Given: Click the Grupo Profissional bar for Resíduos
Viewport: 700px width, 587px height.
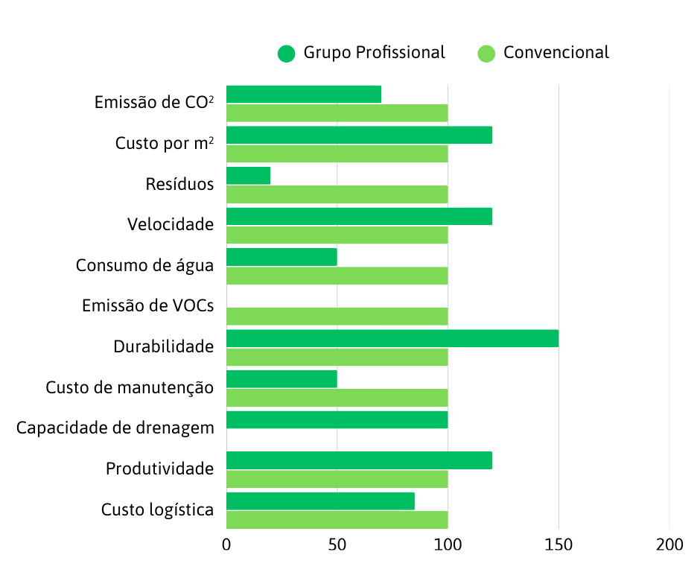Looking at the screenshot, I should point(248,176).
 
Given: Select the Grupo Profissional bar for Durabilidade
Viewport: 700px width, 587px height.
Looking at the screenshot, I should point(392,338).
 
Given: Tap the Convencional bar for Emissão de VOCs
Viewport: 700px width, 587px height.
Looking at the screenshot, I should point(337,316).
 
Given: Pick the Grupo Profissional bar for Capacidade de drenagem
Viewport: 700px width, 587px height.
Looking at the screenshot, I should point(337,419).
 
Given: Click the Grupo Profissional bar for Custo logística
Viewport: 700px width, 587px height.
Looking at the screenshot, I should point(320,501).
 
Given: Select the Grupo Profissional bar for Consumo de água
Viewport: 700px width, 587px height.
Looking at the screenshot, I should point(281,257).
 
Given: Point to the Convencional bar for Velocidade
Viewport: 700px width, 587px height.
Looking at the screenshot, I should point(337,235).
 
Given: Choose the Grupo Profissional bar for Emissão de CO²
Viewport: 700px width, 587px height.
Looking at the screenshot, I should point(303,95).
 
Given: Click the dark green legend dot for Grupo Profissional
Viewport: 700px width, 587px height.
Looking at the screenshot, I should point(287,54).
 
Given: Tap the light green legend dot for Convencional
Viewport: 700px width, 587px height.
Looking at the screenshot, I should point(486,54).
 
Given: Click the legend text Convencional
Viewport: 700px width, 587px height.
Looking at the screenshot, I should point(556,53).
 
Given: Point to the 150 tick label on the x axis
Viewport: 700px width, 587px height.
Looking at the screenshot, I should point(559,545).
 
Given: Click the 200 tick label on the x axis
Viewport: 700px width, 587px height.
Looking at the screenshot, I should point(669,545).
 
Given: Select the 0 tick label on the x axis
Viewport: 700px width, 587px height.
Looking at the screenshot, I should point(226,545).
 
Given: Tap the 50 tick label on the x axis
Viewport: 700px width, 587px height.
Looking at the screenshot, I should point(337,545).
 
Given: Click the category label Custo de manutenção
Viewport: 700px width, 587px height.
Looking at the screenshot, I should point(130,387).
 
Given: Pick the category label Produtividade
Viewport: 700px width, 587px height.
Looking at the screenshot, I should point(159,469).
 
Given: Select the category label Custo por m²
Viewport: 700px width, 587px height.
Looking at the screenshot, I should point(164,143).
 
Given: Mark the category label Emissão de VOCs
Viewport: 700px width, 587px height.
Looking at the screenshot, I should point(147,306).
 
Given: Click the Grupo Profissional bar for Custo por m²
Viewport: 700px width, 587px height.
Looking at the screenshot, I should point(359,135).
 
